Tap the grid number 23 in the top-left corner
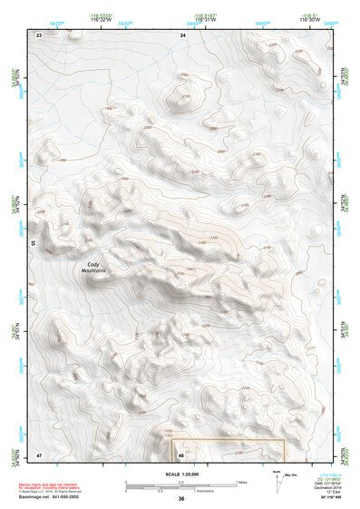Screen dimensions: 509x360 click(39, 34)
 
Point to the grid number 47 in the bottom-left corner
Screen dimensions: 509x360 click(39, 454)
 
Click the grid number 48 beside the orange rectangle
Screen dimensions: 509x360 click(181, 455)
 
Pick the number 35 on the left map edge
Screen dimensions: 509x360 click(34, 243)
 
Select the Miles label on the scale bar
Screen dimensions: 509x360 click(241, 481)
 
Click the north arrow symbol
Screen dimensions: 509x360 click(277, 478)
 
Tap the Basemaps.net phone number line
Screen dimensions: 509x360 click(45, 497)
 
